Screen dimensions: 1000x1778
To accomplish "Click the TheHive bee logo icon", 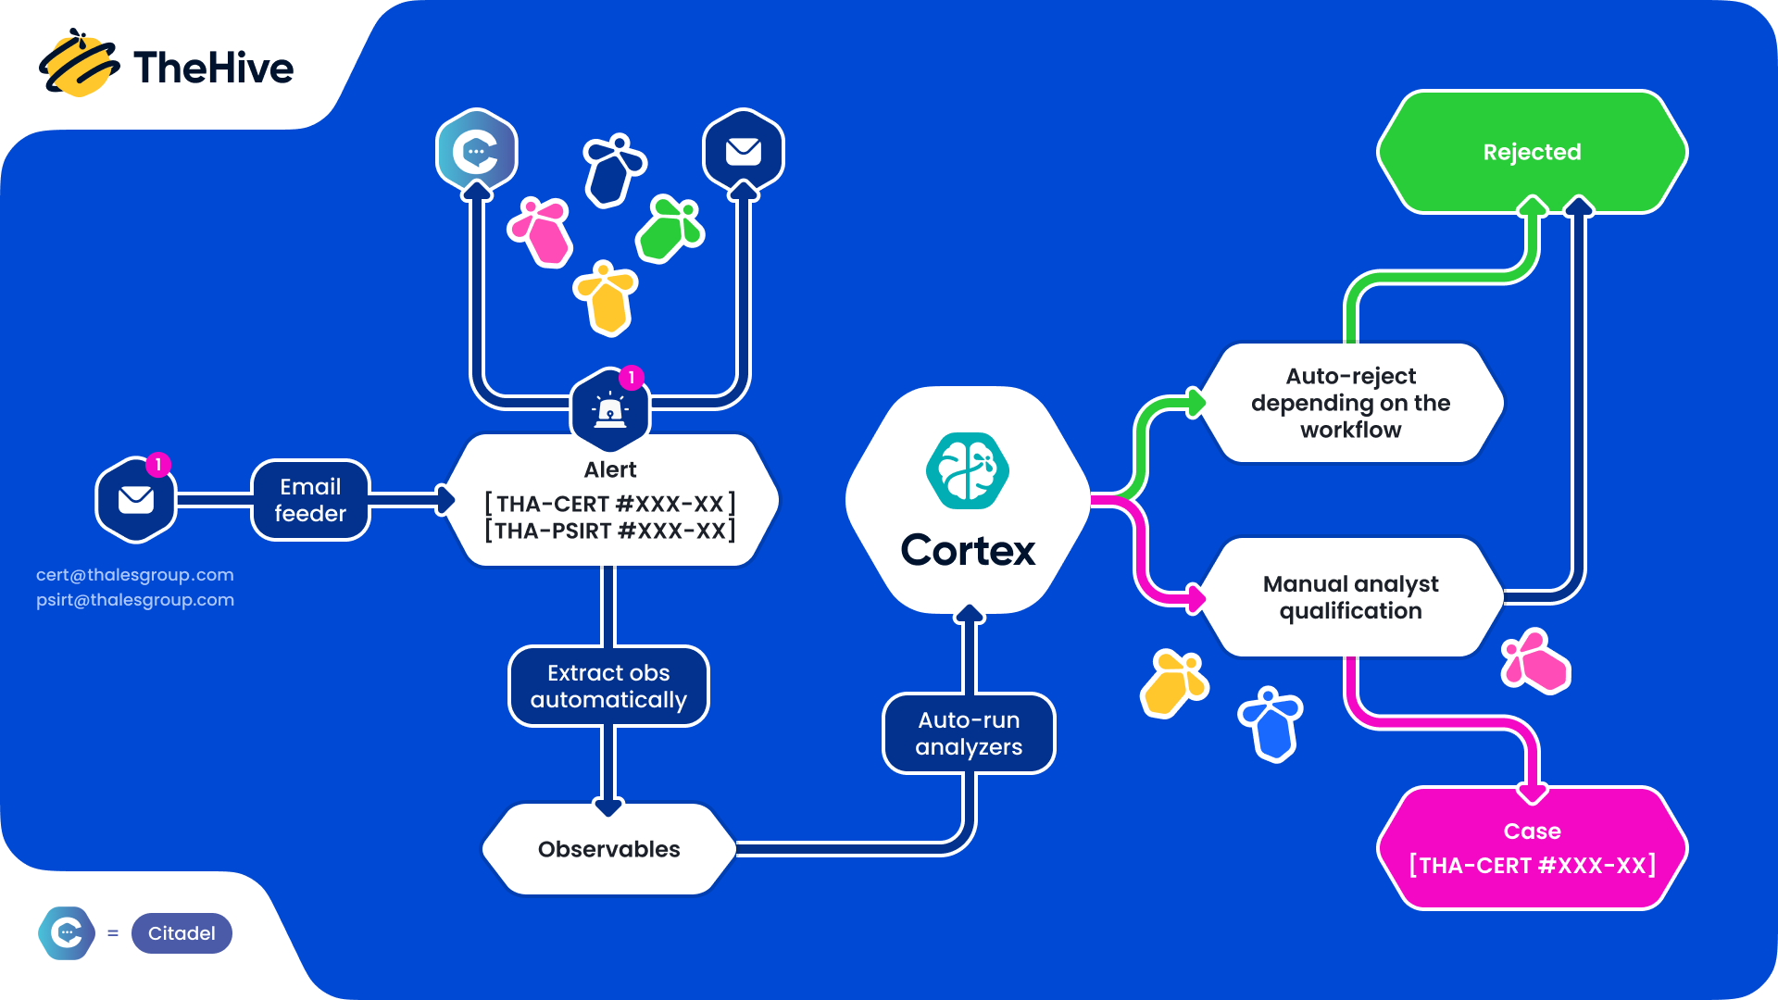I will pos(78,65).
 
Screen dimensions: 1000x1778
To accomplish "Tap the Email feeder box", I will pos(310,500).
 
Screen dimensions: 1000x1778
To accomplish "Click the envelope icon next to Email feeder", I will pos(136,500).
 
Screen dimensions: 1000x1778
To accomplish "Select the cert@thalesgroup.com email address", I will pos(135,575).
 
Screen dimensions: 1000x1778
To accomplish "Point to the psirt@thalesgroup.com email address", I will pos(135,600).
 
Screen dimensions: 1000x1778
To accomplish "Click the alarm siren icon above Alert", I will pos(610,409).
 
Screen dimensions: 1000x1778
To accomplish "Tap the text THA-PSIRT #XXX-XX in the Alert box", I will pos(609,531).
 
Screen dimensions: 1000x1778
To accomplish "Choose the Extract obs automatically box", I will pos(608,686).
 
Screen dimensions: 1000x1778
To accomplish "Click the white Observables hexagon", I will pos(608,849).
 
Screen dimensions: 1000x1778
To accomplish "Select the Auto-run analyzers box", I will pos(969,733).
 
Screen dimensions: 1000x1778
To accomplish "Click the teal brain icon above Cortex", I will pos(968,471).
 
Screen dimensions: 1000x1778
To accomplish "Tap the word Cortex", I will pos(968,551).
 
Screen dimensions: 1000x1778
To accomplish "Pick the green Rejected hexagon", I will pos(1532,152).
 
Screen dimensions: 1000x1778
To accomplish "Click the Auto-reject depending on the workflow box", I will pos(1350,403).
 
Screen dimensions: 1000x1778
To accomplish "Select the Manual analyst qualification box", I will pos(1350,597).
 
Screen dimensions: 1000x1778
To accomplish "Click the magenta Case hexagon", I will pos(1532,848).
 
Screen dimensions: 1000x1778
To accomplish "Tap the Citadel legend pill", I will pos(182,933).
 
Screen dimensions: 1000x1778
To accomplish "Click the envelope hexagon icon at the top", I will pos(744,151).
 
